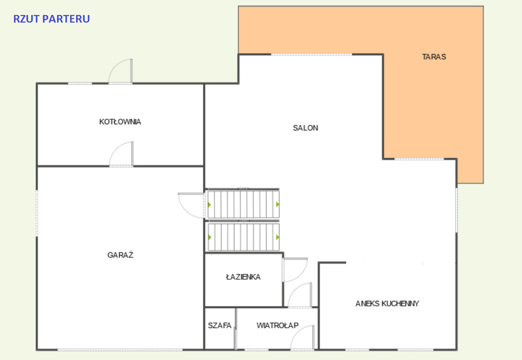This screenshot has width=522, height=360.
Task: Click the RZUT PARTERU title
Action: pos(51,19)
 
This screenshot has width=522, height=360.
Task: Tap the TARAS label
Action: pos(434,57)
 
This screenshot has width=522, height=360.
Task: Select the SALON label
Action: pos(306,128)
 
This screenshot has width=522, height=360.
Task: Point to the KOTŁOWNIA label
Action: pos(120,122)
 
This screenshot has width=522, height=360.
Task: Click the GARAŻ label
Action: pos(120,255)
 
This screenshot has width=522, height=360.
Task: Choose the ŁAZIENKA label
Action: pos(243,277)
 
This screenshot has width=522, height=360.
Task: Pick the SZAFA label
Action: pos(220,325)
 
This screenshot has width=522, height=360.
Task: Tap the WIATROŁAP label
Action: pos(278,325)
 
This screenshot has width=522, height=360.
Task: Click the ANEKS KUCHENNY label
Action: pos(387,303)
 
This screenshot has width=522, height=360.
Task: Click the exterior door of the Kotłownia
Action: pos(120,71)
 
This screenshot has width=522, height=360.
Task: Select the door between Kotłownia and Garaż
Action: pos(121,154)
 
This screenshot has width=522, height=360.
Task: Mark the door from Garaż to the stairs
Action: pos(191,205)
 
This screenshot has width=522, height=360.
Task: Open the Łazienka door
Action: pos(295,270)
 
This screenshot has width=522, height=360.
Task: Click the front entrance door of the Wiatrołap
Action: pos(302,338)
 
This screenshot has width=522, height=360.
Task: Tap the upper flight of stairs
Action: pos(243,204)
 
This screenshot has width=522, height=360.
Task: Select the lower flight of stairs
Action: pos(243,237)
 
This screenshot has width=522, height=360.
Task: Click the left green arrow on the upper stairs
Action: pos(210,204)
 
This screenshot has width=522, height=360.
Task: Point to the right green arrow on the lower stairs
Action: pos(278,237)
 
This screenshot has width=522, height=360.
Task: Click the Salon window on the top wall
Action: pos(311,54)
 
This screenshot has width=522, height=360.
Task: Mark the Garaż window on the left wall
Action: pos(37,213)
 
